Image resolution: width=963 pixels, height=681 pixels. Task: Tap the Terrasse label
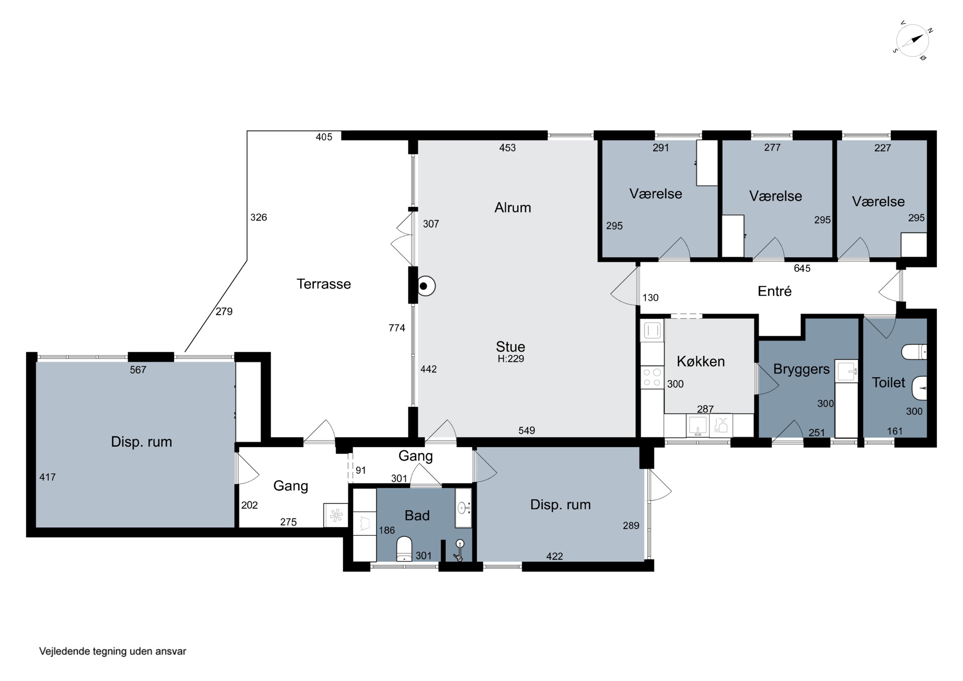point(324,284)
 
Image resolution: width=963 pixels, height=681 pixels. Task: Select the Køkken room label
point(701,361)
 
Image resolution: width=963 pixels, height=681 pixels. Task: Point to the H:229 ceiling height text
point(511,359)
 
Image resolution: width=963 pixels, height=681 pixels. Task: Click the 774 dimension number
point(397,328)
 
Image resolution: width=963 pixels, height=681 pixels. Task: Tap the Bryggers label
point(802,370)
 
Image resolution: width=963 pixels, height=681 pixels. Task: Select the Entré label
point(775,291)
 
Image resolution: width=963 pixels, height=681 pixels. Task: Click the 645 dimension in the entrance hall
point(802,268)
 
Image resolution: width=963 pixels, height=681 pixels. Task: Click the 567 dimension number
point(138,370)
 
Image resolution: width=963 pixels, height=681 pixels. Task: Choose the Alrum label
point(513,208)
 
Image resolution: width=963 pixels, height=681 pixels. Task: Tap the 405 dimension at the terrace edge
point(324,137)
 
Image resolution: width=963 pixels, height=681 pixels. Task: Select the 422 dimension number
point(554,556)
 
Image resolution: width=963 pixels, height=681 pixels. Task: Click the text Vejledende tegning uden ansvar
point(112,651)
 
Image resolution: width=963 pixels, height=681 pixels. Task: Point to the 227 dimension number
point(882,148)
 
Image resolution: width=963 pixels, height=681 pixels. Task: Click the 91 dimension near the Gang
point(361,470)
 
